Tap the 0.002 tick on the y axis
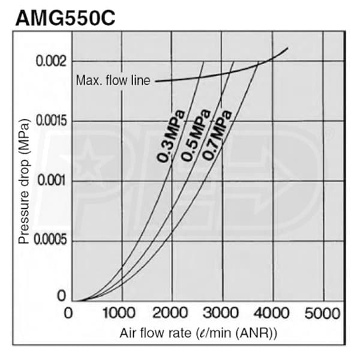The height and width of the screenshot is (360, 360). (52, 61)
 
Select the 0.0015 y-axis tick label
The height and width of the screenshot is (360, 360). (50, 121)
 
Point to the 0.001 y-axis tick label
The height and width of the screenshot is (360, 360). (52, 181)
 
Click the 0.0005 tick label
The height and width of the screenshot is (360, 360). (50, 241)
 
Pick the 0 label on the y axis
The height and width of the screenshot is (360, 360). (60, 296)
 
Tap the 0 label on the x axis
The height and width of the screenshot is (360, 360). (70, 313)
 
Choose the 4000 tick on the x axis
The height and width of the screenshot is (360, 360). (273, 313)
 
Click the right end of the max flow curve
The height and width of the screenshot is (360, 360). (287, 48)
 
